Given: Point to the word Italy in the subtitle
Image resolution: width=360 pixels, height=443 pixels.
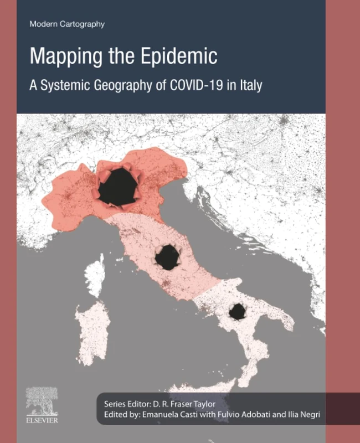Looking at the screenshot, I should (250, 86).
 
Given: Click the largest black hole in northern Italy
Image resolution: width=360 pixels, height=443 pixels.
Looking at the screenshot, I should (118, 187).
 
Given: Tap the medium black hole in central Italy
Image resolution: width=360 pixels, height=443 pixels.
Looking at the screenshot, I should (167, 257).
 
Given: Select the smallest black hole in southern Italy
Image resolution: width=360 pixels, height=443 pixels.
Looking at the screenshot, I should (237, 311).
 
